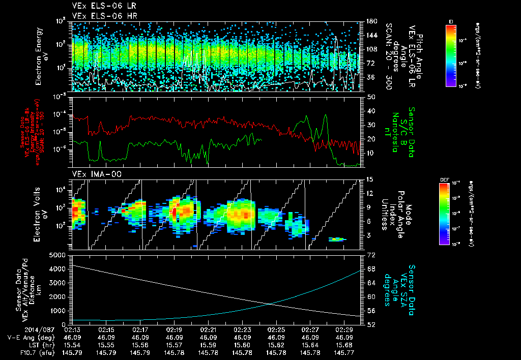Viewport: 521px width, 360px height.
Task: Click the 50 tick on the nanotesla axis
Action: point(370,97)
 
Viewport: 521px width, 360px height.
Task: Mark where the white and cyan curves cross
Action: point(269,304)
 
